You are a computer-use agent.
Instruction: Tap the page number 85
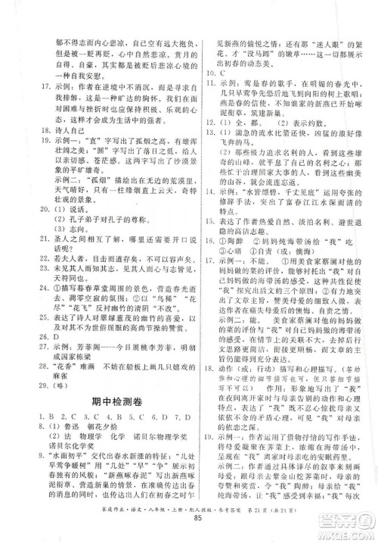189,528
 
